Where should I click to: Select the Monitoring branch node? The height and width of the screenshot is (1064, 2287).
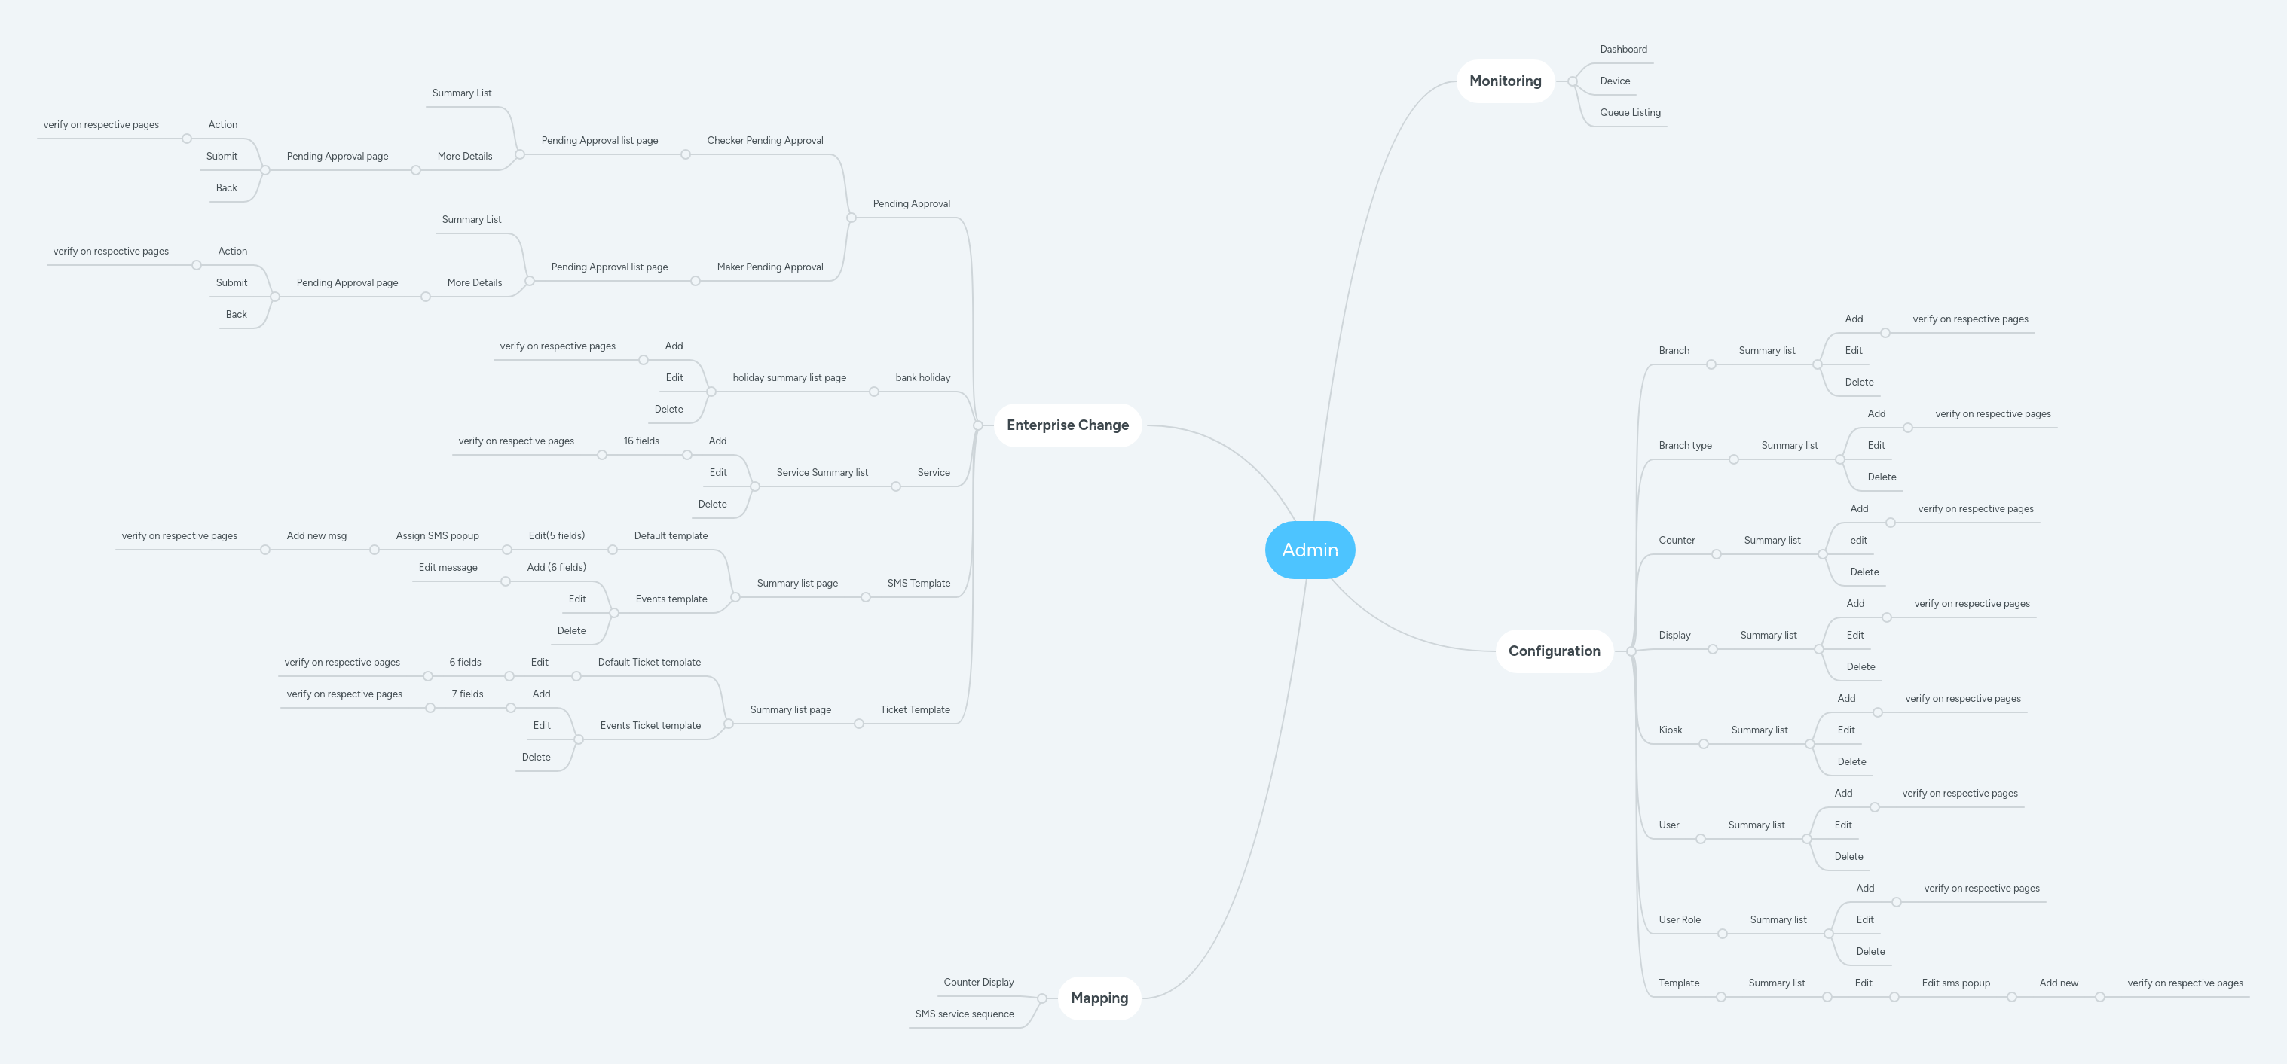[1505, 81]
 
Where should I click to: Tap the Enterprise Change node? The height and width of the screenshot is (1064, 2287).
[1067, 425]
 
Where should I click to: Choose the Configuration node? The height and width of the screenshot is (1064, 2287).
[1554, 651]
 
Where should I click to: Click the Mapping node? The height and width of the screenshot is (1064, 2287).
[1099, 998]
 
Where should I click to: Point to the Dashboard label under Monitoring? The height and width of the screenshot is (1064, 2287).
[1623, 50]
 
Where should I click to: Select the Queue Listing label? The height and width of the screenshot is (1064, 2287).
[1630, 113]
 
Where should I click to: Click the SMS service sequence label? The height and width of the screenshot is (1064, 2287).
[965, 1014]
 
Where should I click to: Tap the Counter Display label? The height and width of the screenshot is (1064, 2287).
[978, 983]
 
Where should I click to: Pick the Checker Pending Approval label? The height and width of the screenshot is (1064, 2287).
[764, 140]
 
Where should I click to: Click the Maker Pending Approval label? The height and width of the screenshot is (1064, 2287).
[769, 267]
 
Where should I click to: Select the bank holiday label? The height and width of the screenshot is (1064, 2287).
[922, 378]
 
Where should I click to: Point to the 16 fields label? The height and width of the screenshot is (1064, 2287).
[641, 441]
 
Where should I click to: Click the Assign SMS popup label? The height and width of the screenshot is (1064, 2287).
[437, 536]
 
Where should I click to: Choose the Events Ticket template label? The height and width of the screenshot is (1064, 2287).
[650, 726]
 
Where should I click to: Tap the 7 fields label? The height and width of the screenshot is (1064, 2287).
[467, 694]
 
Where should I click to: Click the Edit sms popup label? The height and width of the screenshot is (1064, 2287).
[1955, 983]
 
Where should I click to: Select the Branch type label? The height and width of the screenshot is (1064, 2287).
[1684, 446]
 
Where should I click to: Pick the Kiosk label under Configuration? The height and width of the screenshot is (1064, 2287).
[1670, 730]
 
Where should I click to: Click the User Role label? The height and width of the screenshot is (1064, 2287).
[1679, 920]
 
